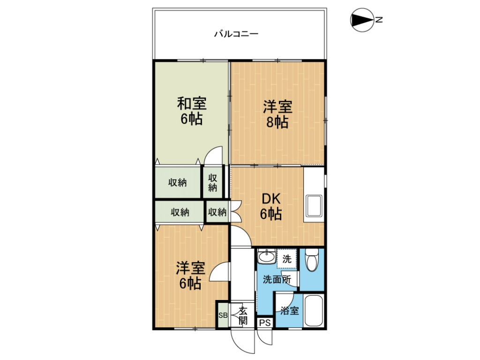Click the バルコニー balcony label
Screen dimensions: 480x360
point(236,34)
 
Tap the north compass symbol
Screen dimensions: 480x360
point(362,20)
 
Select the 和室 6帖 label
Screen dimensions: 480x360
point(192,111)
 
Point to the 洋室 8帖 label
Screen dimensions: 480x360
point(277,114)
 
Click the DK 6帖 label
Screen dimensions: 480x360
point(271,207)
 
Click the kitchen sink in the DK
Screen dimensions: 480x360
point(314,206)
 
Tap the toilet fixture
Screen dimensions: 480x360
point(312,260)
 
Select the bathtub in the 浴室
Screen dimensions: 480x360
point(314,311)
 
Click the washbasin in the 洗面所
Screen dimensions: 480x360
point(267,256)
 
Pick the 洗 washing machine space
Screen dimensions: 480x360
point(287,259)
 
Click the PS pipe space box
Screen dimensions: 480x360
point(265,322)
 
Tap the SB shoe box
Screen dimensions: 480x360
point(223,315)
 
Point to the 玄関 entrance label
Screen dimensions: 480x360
point(243,315)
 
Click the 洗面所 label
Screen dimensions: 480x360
point(277,279)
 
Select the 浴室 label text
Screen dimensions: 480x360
point(290,311)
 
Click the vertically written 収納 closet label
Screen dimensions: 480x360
point(213,183)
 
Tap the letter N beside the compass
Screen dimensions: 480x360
point(379,20)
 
